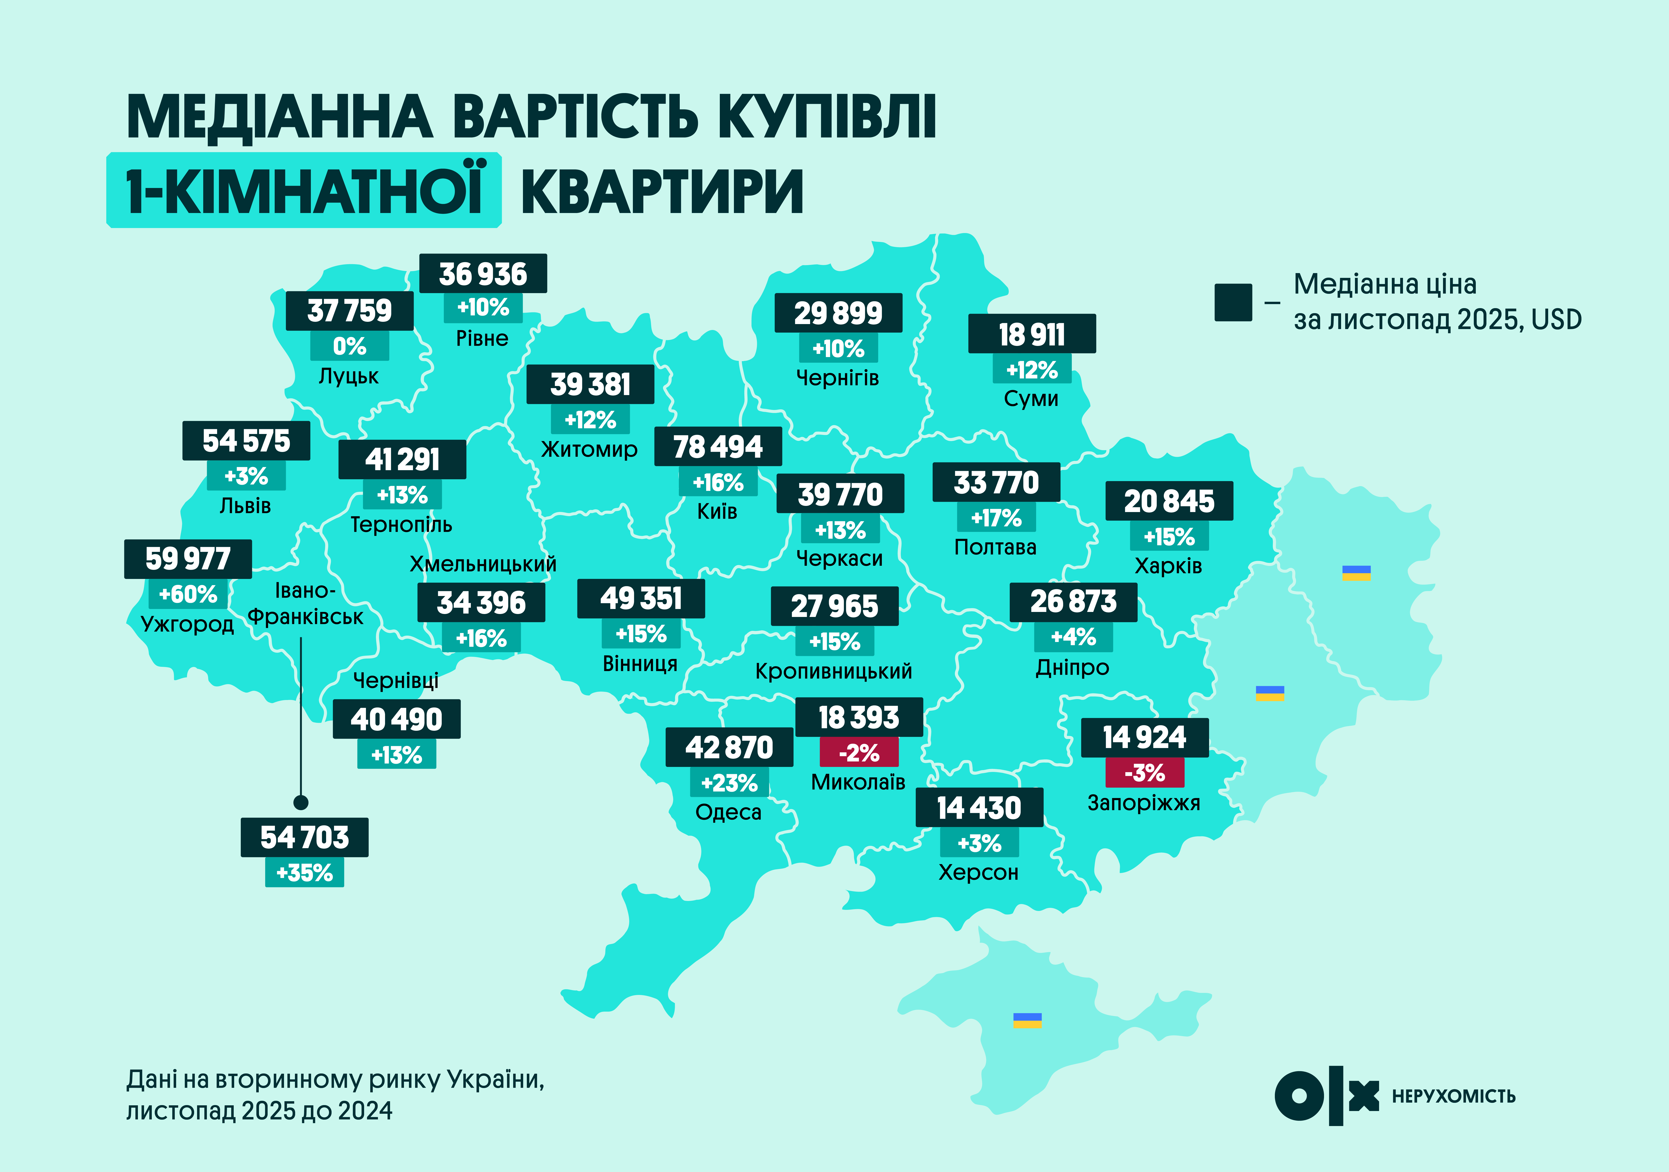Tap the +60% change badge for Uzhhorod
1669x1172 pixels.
(188, 594)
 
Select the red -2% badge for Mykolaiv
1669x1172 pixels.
(859, 753)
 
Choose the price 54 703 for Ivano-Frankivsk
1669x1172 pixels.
(304, 837)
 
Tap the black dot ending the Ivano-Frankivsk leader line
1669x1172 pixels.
(301, 803)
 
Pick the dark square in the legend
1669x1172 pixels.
(1233, 302)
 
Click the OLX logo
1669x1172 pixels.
(1327, 1096)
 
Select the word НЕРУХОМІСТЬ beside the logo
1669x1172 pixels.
(1454, 1096)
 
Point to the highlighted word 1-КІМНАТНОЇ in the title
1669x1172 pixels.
(304, 190)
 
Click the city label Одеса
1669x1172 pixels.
(728, 812)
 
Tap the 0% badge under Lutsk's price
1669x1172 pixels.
(350, 346)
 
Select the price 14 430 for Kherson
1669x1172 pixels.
(979, 808)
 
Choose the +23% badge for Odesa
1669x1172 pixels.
(729, 783)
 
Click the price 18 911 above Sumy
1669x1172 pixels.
(1032, 335)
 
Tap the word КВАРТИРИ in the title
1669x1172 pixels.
(662, 191)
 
